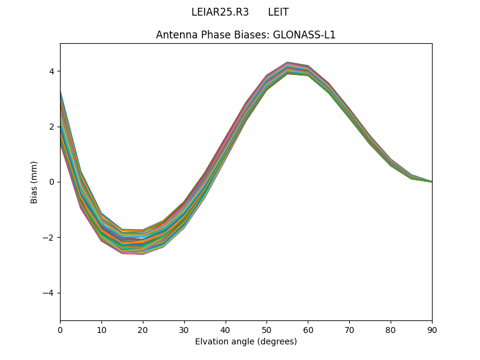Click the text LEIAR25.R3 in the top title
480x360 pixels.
click(x=220, y=12)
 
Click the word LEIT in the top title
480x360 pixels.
click(x=278, y=12)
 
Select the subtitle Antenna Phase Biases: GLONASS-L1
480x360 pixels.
click(x=246, y=35)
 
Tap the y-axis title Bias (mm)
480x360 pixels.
click(x=34, y=182)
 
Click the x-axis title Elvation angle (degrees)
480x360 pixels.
click(x=246, y=341)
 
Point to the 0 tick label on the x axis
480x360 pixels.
click(x=60, y=329)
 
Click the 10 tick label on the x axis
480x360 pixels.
click(x=101, y=329)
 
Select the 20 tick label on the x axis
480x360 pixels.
click(x=143, y=329)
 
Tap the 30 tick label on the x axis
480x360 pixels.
click(x=184, y=329)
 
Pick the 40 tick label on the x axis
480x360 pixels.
click(x=226, y=329)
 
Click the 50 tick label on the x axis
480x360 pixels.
click(x=266, y=329)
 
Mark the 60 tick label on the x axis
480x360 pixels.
click(x=308, y=329)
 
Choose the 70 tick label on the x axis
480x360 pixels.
click(x=349, y=329)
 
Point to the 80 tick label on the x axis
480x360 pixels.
click(x=391, y=329)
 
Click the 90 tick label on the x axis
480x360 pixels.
click(x=432, y=329)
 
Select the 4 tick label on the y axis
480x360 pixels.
click(x=52, y=71)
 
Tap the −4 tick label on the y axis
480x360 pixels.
click(x=49, y=293)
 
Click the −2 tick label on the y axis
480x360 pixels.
click(x=49, y=237)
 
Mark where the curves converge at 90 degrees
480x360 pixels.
click(x=431, y=181)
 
